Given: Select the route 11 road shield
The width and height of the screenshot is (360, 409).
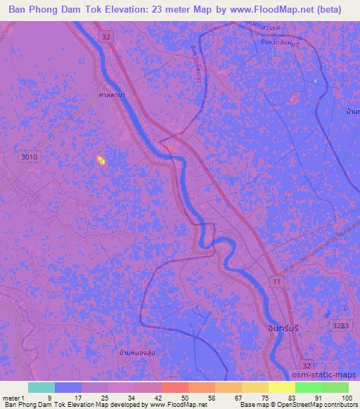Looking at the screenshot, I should pyautogui.click(x=277, y=280).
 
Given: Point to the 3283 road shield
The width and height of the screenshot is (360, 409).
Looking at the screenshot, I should pyautogui.click(x=340, y=324).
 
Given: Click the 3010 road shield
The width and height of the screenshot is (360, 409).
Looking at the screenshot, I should pyautogui.click(x=30, y=157).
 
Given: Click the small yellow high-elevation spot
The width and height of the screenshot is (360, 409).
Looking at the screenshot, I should pyautogui.click(x=101, y=160).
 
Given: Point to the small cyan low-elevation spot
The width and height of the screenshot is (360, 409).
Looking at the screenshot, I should pyautogui.click(x=315, y=82).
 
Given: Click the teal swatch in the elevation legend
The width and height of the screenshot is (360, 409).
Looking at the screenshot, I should pyautogui.click(x=41, y=387).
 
